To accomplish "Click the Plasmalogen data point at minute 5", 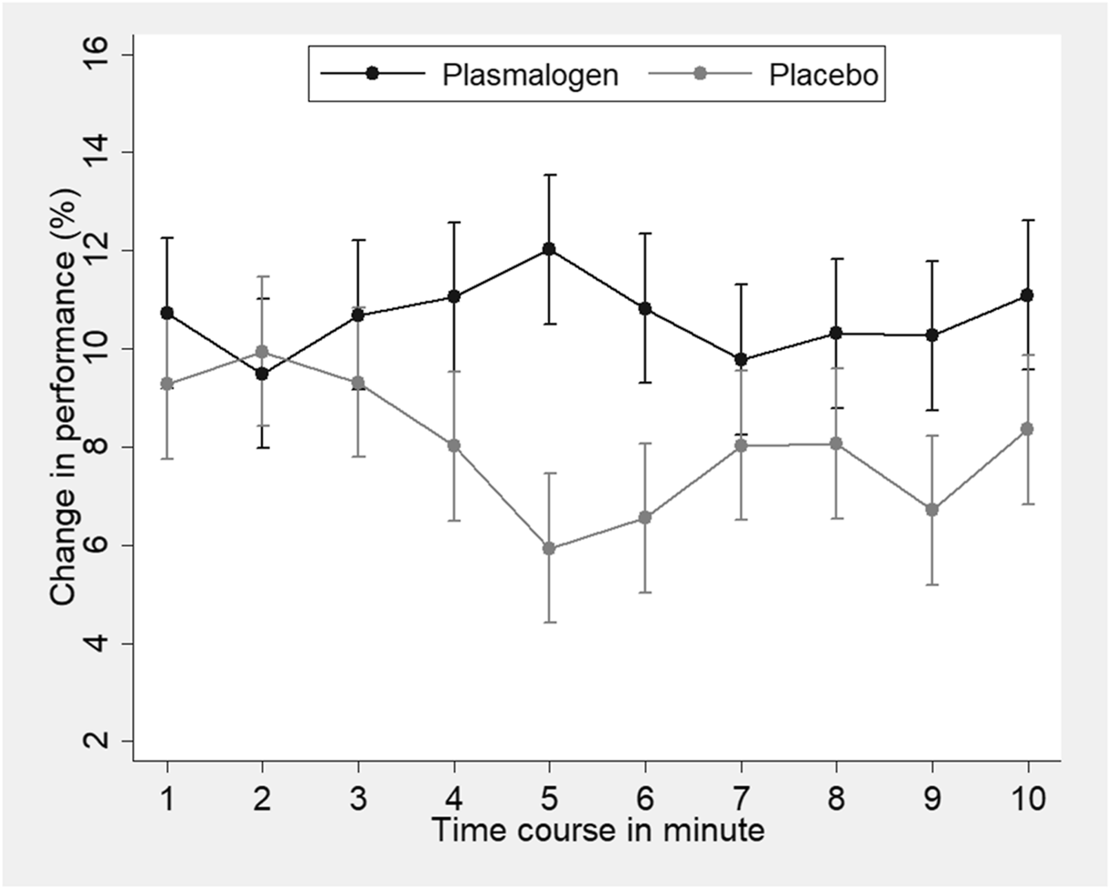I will [549, 249].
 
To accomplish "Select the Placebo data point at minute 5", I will [549, 549].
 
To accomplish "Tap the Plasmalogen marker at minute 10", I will [1027, 295].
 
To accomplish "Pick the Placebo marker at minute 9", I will [932, 510].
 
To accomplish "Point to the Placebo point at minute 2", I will [262, 352].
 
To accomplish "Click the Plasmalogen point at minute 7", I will [741, 360].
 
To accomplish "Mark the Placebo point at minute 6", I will [645, 517].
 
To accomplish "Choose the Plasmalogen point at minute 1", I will [167, 313].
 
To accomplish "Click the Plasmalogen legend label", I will [530, 75].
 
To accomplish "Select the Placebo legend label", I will [823, 75].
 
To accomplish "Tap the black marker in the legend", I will [372, 75].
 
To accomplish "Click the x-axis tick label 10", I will [1027, 798].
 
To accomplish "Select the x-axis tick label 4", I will [454, 798].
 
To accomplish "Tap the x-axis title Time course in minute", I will [597, 830].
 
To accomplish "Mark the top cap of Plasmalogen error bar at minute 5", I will [549, 175].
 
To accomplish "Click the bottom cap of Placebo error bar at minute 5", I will [549, 622].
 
